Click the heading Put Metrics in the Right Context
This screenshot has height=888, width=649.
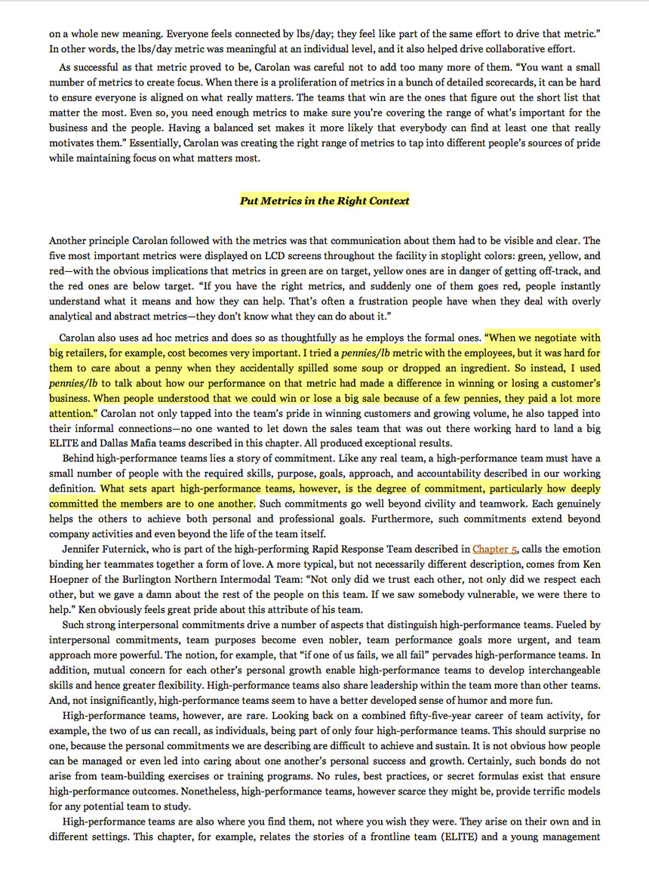tap(324, 200)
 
